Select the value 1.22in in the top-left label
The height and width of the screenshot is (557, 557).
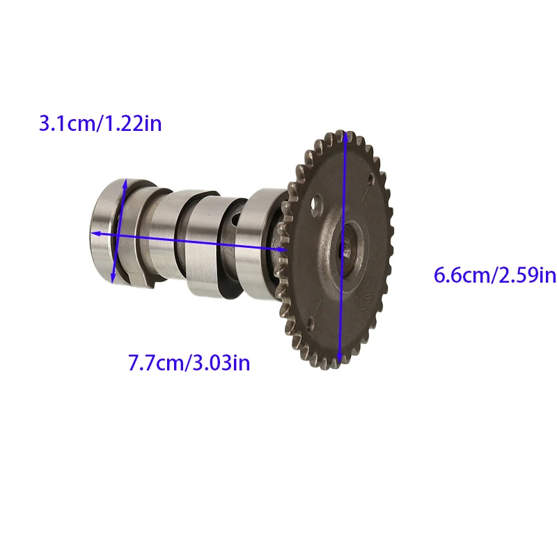point(134,124)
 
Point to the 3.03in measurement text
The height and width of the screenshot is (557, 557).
point(221,363)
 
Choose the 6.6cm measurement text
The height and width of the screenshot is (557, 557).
point(462,275)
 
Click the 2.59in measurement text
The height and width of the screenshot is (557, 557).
point(526,275)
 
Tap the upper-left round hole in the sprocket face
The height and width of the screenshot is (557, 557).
point(317,205)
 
